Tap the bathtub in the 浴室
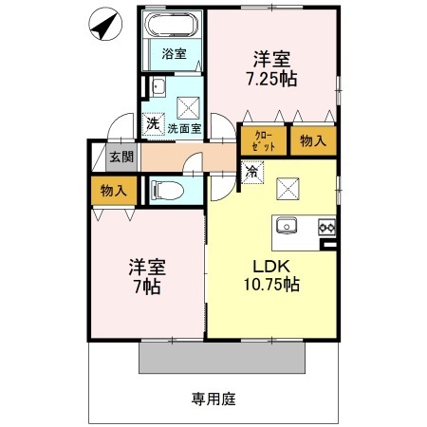(171, 26)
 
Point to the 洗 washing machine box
(152, 122)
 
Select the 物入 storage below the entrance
(113, 192)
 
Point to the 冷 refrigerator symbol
(252, 173)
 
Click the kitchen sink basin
(288, 226)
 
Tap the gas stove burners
(326, 226)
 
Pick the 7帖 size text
(148, 286)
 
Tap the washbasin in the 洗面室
(159, 91)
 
